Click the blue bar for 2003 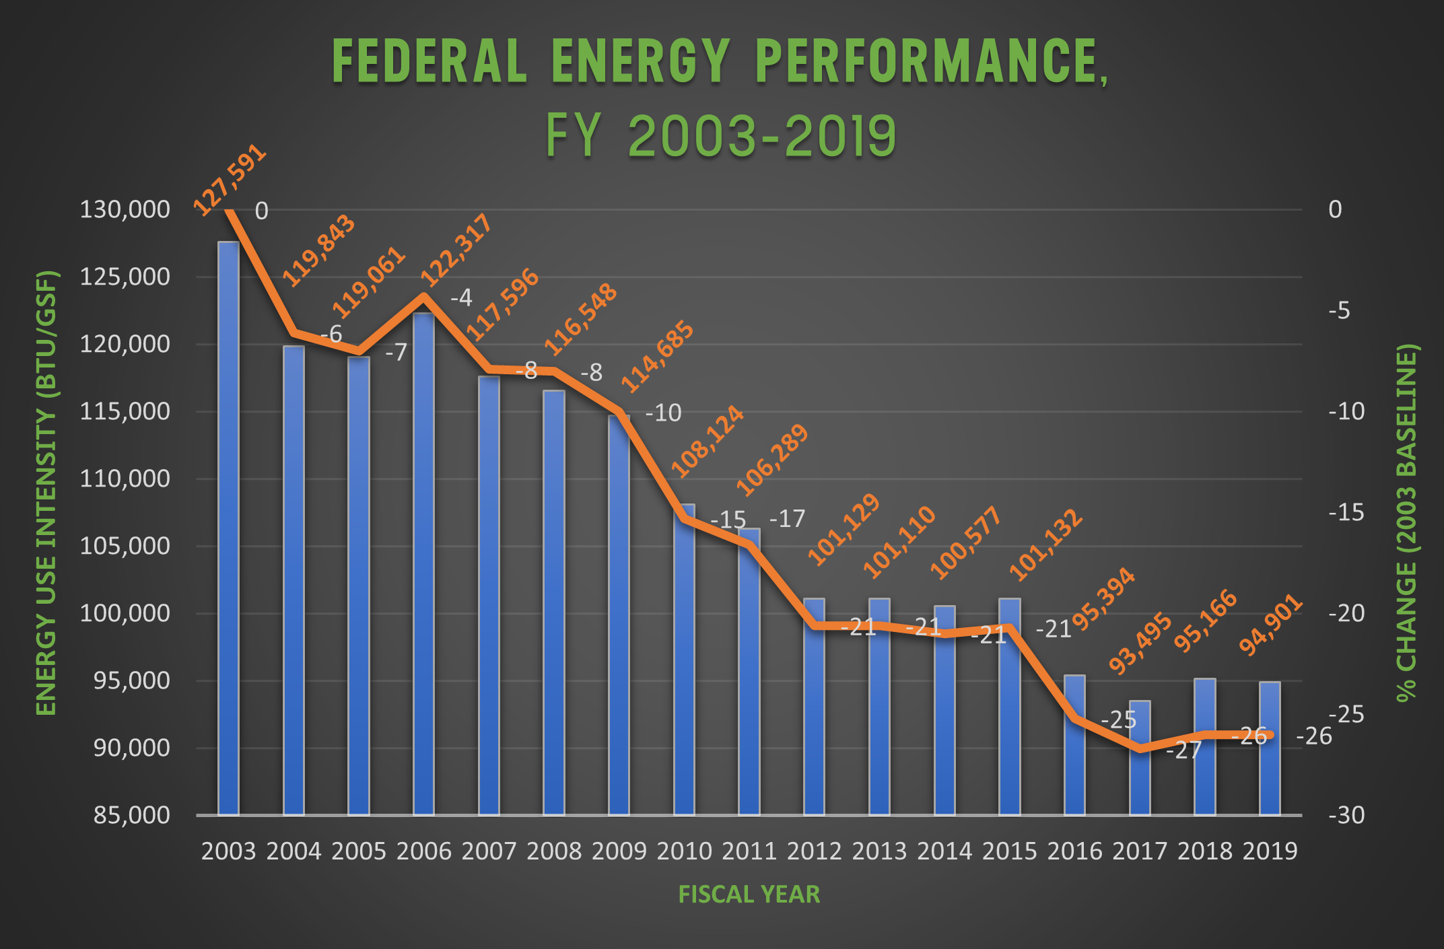click(228, 528)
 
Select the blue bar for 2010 click(684, 660)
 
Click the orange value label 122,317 click(456, 250)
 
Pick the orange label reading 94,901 click(1271, 625)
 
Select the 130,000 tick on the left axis click(125, 209)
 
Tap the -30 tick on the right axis click(1346, 815)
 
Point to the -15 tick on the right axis click(1346, 512)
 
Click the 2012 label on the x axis click(814, 851)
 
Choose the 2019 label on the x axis click(1270, 851)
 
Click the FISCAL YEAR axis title click(749, 894)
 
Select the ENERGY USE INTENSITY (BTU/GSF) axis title click(46, 493)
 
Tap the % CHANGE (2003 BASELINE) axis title click(1406, 523)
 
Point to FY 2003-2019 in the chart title click(720, 137)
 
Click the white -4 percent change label click(461, 297)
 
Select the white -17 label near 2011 click(787, 519)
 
